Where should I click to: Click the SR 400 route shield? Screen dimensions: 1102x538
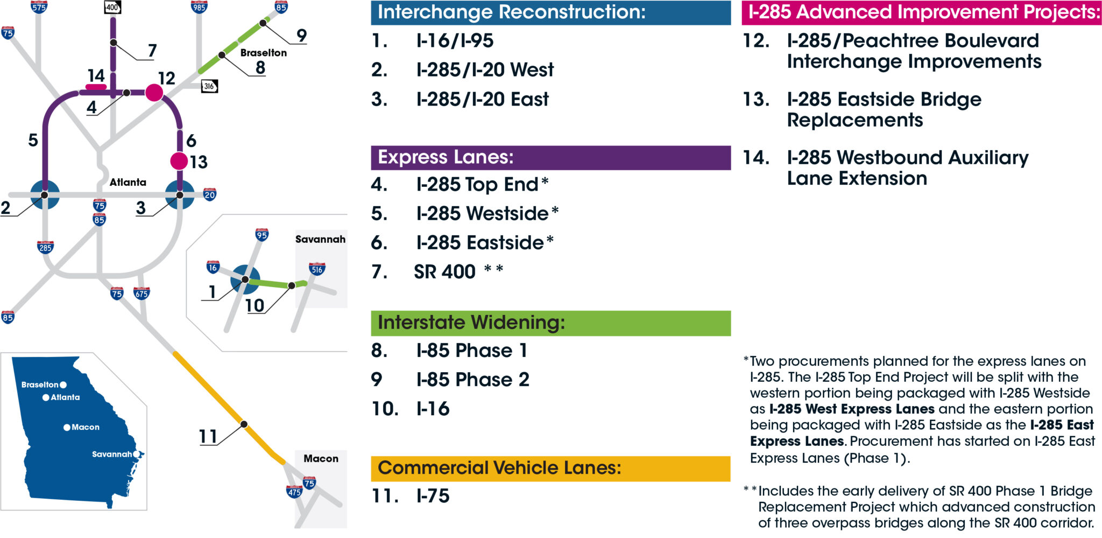[x=112, y=7]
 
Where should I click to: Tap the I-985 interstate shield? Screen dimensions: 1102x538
[x=199, y=6]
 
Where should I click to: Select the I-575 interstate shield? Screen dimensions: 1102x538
[x=39, y=6]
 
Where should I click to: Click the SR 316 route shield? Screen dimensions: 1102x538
[x=209, y=86]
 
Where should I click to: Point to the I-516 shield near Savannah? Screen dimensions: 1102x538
[x=317, y=268]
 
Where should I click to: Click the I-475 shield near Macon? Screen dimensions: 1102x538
[x=294, y=491]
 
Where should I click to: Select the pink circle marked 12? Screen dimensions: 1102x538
[x=154, y=93]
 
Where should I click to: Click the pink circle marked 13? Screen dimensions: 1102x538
[x=179, y=160]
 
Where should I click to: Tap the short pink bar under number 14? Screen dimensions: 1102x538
[x=96, y=87]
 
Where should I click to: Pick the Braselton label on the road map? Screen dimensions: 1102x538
[x=264, y=53]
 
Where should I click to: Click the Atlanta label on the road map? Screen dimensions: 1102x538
[x=128, y=182]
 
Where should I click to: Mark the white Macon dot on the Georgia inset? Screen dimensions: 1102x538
[x=67, y=427]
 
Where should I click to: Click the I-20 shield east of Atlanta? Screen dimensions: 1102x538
[x=210, y=194]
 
